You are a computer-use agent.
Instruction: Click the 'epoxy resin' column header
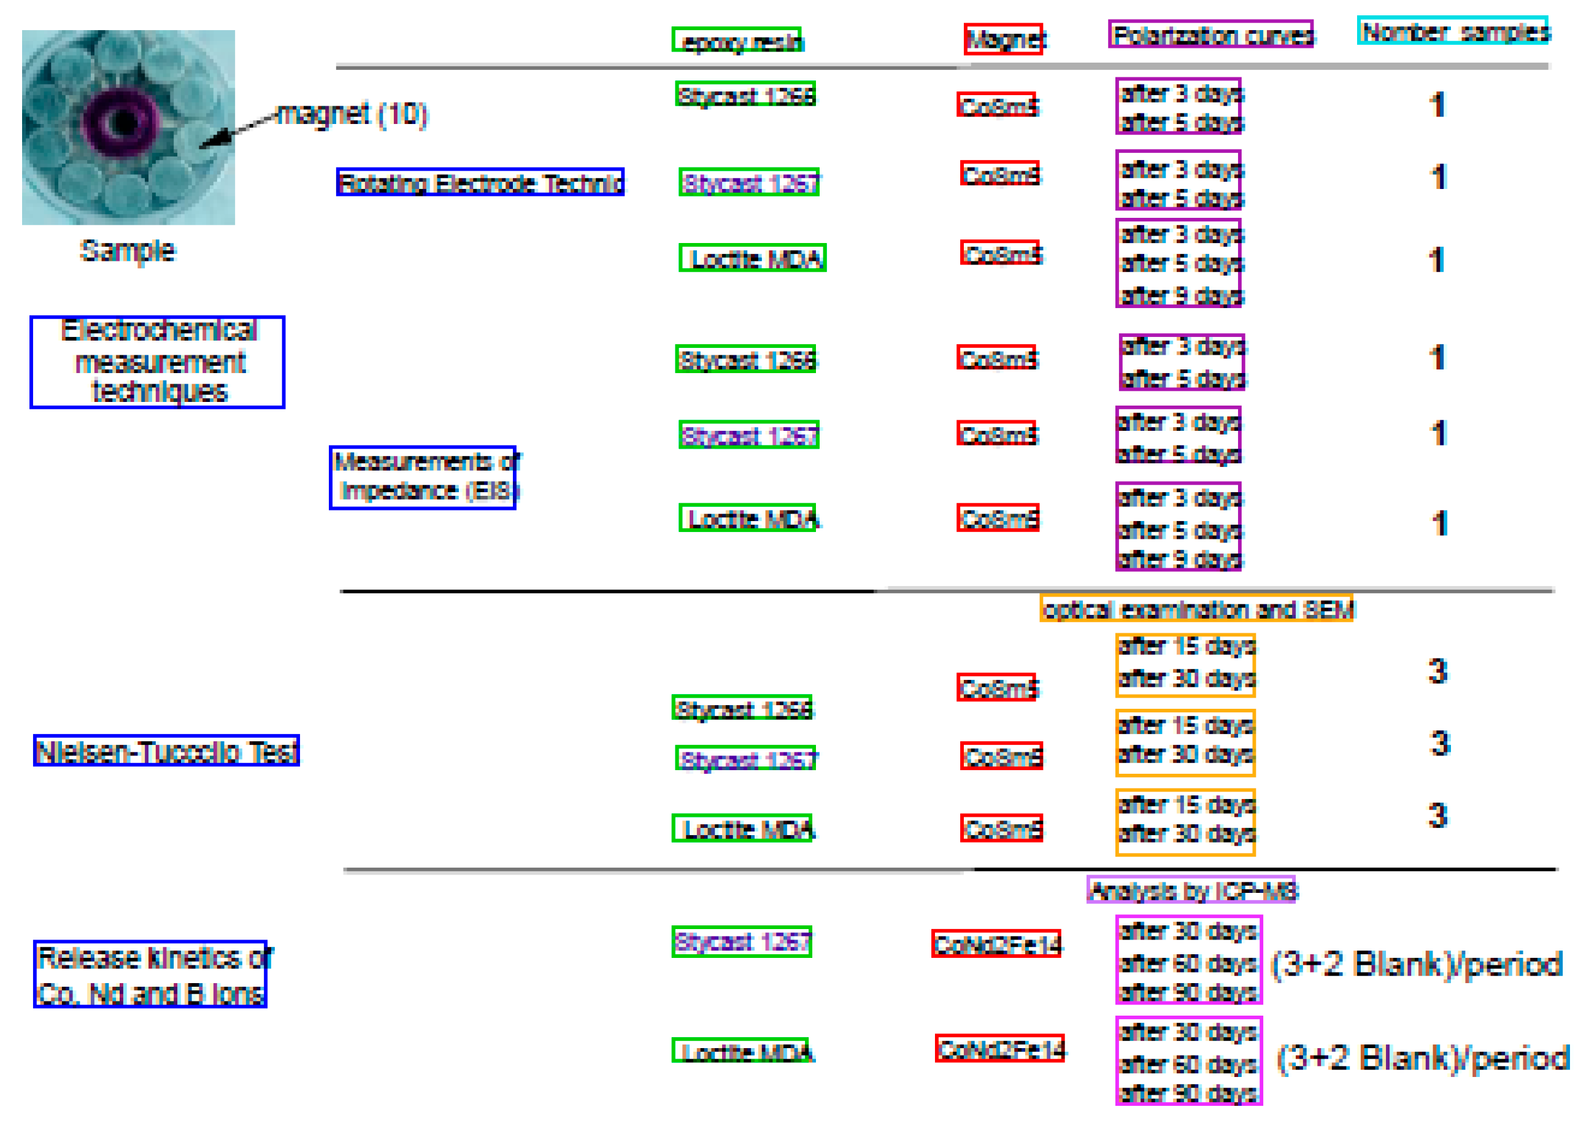tap(737, 40)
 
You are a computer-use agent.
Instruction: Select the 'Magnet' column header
tap(1004, 39)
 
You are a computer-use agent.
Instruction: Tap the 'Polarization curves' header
tap(1210, 34)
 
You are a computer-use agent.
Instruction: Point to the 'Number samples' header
tap(1453, 31)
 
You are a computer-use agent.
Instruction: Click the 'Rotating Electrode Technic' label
tap(480, 182)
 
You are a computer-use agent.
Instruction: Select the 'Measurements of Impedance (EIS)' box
tap(423, 477)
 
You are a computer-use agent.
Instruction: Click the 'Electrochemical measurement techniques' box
tap(158, 362)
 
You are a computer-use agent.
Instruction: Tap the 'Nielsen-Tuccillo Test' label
tap(167, 751)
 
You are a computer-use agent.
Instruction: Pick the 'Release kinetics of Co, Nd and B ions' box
tap(151, 974)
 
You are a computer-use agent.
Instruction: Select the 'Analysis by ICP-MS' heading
tap(1191, 890)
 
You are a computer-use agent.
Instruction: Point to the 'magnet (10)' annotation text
tap(352, 114)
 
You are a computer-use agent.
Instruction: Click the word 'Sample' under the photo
tap(128, 250)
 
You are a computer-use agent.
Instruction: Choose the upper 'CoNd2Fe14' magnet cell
tap(996, 944)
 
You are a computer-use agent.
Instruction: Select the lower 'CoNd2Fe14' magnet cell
tap(1000, 1048)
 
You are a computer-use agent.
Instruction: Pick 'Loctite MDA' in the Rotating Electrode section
tap(753, 258)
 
